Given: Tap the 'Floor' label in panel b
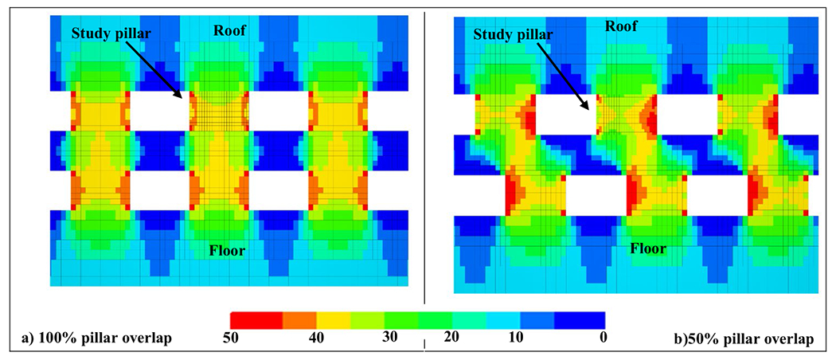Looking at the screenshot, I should click(648, 248).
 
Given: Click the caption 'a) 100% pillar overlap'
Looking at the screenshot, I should click(97, 338).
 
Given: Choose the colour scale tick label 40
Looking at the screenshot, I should click(316, 337).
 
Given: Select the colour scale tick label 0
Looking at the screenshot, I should click(604, 337).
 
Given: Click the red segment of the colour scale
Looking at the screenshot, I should click(256, 319).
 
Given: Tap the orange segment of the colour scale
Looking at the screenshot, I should click(299, 319).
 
